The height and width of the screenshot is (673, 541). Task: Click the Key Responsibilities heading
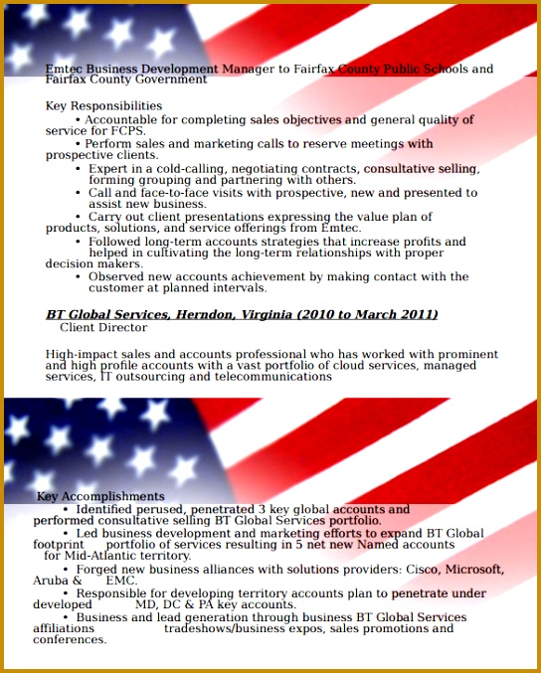[103, 105]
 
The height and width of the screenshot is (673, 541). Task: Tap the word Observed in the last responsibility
[116, 276]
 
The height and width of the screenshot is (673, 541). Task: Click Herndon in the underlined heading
[207, 314]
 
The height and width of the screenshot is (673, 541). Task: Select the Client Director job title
[103, 327]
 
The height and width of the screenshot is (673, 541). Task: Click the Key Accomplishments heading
[100, 496]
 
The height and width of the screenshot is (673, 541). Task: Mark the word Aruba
[51, 580]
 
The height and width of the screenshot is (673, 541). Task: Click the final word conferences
[69, 639]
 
